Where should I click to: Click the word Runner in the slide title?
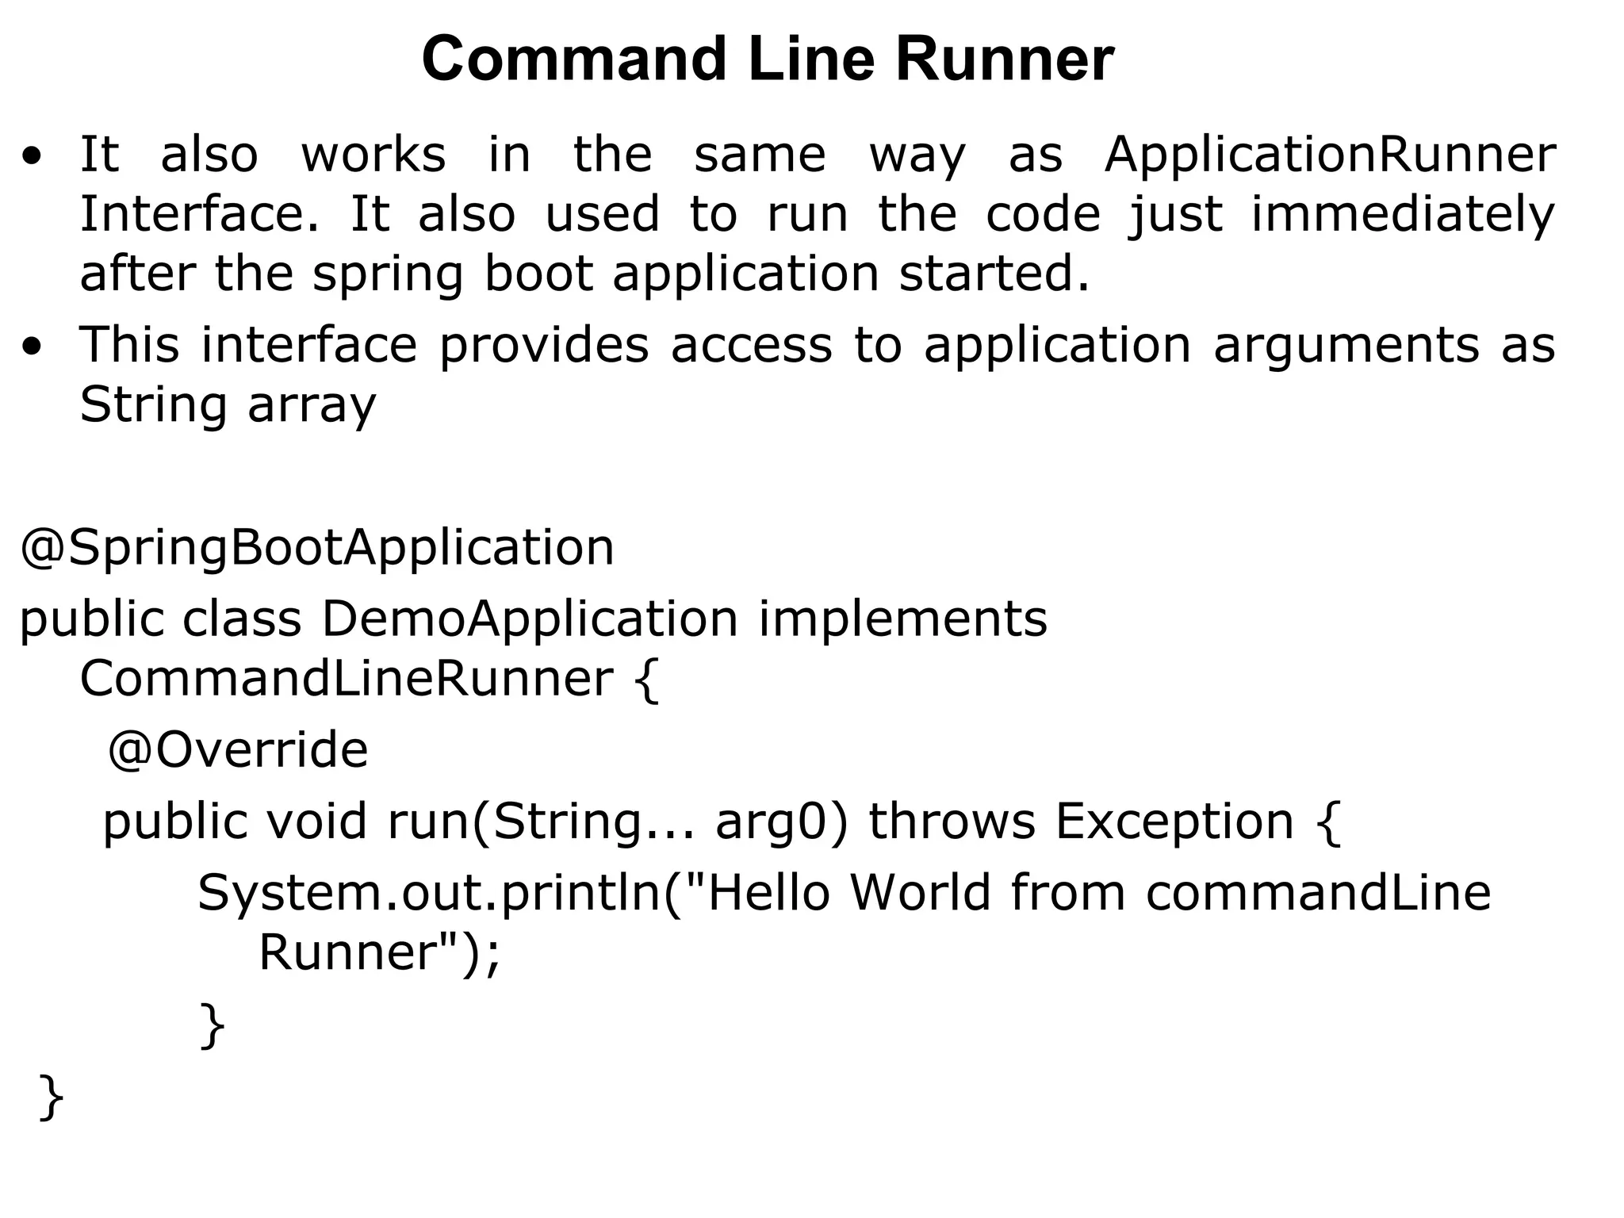pos(1005,59)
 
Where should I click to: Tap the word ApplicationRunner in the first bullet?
pos(1330,155)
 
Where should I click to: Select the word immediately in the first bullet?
pos(1403,215)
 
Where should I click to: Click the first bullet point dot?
pos(33,156)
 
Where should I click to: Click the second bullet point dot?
pos(33,347)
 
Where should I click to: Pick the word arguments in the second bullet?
pos(1346,347)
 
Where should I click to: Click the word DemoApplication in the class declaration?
pos(530,619)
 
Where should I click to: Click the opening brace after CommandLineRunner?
pos(647,680)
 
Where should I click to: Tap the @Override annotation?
pos(238,750)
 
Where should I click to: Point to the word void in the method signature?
pos(316,821)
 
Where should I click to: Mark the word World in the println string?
pos(921,892)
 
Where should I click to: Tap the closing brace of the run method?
pos(213,1025)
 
